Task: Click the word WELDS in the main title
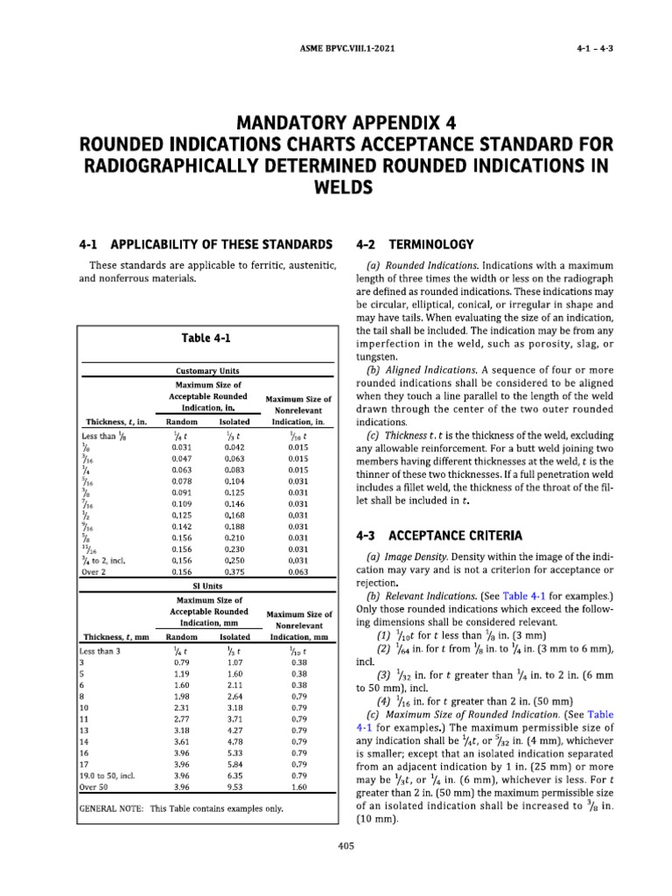pos(335,187)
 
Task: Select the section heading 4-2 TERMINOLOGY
pos(415,244)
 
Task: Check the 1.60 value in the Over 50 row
pos(298,786)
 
